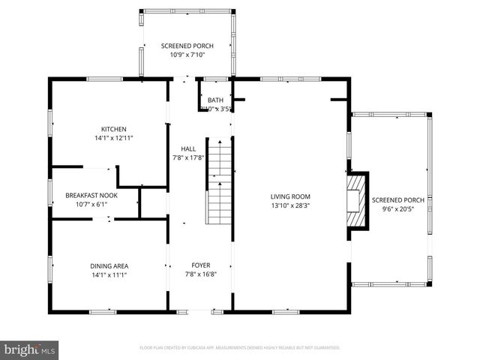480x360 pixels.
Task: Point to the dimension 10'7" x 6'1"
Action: click(x=92, y=203)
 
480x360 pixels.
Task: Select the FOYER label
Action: click(x=200, y=265)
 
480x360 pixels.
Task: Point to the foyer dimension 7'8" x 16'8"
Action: click(x=200, y=274)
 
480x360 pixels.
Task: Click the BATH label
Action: click(x=215, y=100)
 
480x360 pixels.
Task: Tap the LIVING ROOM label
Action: click(x=290, y=196)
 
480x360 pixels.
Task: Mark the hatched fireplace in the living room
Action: click(x=358, y=201)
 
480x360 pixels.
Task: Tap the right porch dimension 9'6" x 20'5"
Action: click(x=397, y=209)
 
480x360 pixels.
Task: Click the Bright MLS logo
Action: click(x=30, y=349)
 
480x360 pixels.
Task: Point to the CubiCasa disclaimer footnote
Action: click(x=240, y=348)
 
